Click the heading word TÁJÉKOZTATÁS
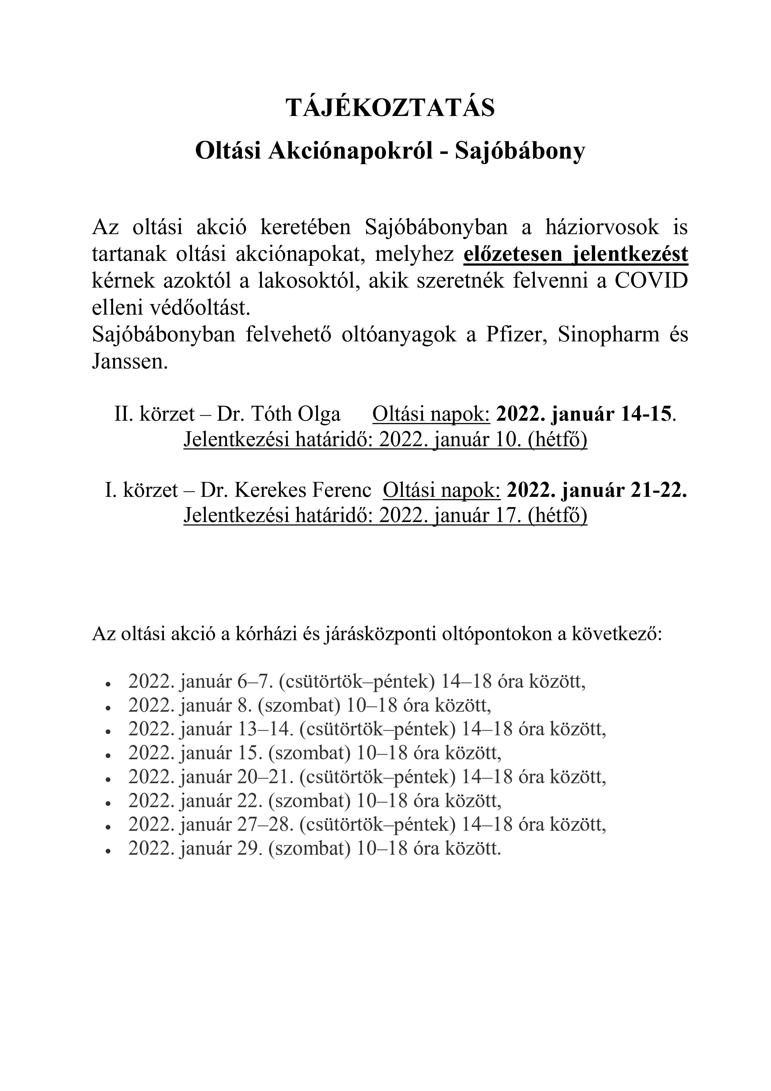[390, 108]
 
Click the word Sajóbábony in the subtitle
[520, 152]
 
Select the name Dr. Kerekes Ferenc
[286, 490]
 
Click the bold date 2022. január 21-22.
[597, 490]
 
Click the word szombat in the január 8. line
[299, 706]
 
